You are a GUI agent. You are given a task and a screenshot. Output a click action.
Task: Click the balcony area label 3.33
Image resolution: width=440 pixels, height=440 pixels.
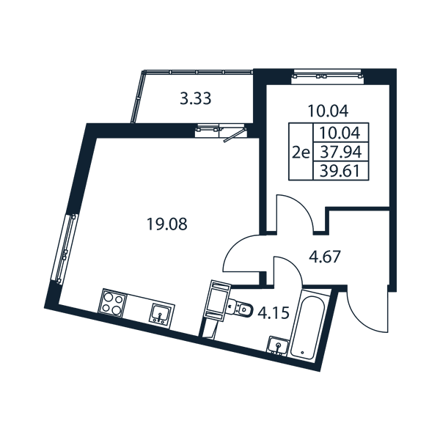[x=195, y=99]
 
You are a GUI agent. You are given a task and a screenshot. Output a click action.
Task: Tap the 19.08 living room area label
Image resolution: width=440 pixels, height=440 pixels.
[x=167, y=224]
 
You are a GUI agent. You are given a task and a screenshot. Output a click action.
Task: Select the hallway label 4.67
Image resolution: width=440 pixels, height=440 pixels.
[x=324, y=257]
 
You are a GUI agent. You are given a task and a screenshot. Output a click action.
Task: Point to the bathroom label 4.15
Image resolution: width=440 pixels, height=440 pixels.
[x=274, y=313]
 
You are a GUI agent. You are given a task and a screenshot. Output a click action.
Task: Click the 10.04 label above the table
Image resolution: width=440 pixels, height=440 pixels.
[x=328, y=111]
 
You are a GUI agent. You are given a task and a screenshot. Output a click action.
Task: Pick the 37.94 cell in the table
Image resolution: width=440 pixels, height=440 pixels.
[x=341, y=152]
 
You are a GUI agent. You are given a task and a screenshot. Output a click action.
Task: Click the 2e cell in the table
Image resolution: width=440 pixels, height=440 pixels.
[x=301, y=153]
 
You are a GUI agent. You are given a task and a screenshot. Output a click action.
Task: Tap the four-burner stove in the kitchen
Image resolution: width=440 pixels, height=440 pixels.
[x=112, y=302]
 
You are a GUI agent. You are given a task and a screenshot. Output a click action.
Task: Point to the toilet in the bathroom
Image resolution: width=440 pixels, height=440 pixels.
[x=241, y=309]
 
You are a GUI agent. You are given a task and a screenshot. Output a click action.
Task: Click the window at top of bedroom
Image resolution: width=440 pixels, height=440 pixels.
[x=327, y=76]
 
